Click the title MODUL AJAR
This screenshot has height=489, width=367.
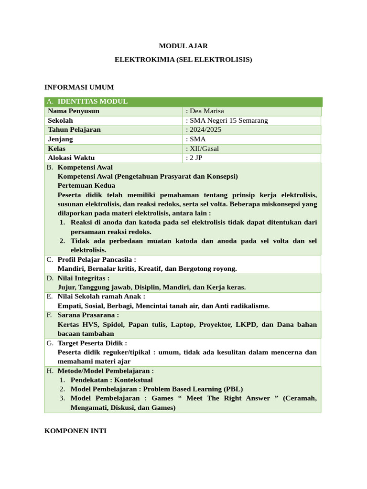(x=183, y=46)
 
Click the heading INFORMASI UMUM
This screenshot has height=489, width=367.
(x=79, y=87)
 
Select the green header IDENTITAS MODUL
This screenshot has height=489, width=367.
(x=92, y=102)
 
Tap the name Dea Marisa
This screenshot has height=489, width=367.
(x=206, y=111)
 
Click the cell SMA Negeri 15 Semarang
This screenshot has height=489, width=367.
(x=228, y=120)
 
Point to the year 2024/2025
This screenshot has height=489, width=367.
(x=205, y=130)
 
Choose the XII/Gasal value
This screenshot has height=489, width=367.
(x=204, y=149)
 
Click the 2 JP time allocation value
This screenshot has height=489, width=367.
(x=196, y=158)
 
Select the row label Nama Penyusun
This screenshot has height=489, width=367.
(x=74, y=111)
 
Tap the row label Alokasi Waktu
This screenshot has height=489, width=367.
(x=71, y=158)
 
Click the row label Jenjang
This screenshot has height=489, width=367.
(x=60, y=139)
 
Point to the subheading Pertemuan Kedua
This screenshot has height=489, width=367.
(x=86, y=185)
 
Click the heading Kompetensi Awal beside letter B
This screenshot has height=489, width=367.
(x=85, y=167)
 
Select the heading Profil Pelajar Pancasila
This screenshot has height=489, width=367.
(x=97, y=259)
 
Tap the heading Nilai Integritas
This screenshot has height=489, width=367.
(x=83, y=278)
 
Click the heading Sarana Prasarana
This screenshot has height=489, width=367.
(x=88, y=315)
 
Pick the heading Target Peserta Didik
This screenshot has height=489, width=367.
(x=92, y=343)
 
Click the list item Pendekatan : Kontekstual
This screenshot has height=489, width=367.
(x=111, y=380)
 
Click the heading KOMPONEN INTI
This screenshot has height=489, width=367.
(x=76, y=431)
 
